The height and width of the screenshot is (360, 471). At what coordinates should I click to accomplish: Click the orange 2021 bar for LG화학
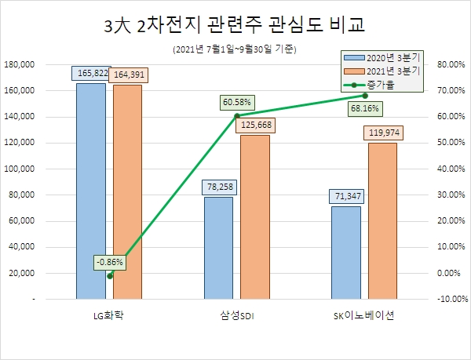pos(127,191)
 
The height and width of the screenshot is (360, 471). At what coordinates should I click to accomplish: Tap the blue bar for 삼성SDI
pos(218,248)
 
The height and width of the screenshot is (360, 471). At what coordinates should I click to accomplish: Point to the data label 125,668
pos(255,125)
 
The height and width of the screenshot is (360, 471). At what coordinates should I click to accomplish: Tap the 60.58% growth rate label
pos(236,101)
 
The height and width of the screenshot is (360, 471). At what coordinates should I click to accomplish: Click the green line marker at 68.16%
pos(364,96)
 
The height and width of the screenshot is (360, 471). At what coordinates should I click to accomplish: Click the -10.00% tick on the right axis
pos(451,299)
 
